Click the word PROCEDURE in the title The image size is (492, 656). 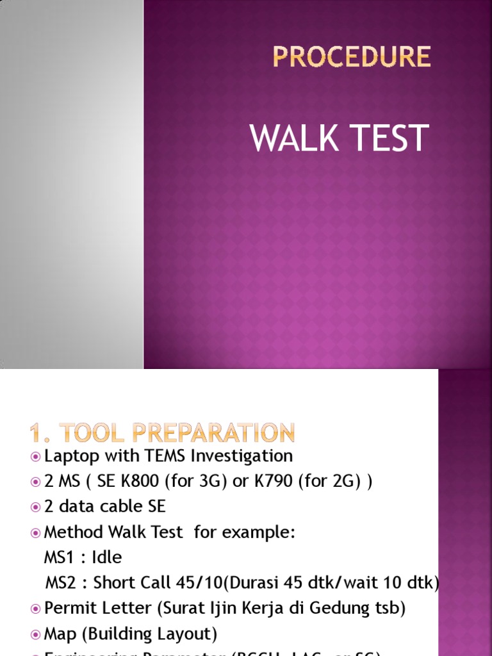(352, 57)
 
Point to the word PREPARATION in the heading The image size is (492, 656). (214, 434)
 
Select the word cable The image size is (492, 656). (122, 506)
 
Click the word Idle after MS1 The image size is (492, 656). (107, 557)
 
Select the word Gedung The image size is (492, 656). (345, 608)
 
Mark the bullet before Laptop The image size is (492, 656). (35, 456)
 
